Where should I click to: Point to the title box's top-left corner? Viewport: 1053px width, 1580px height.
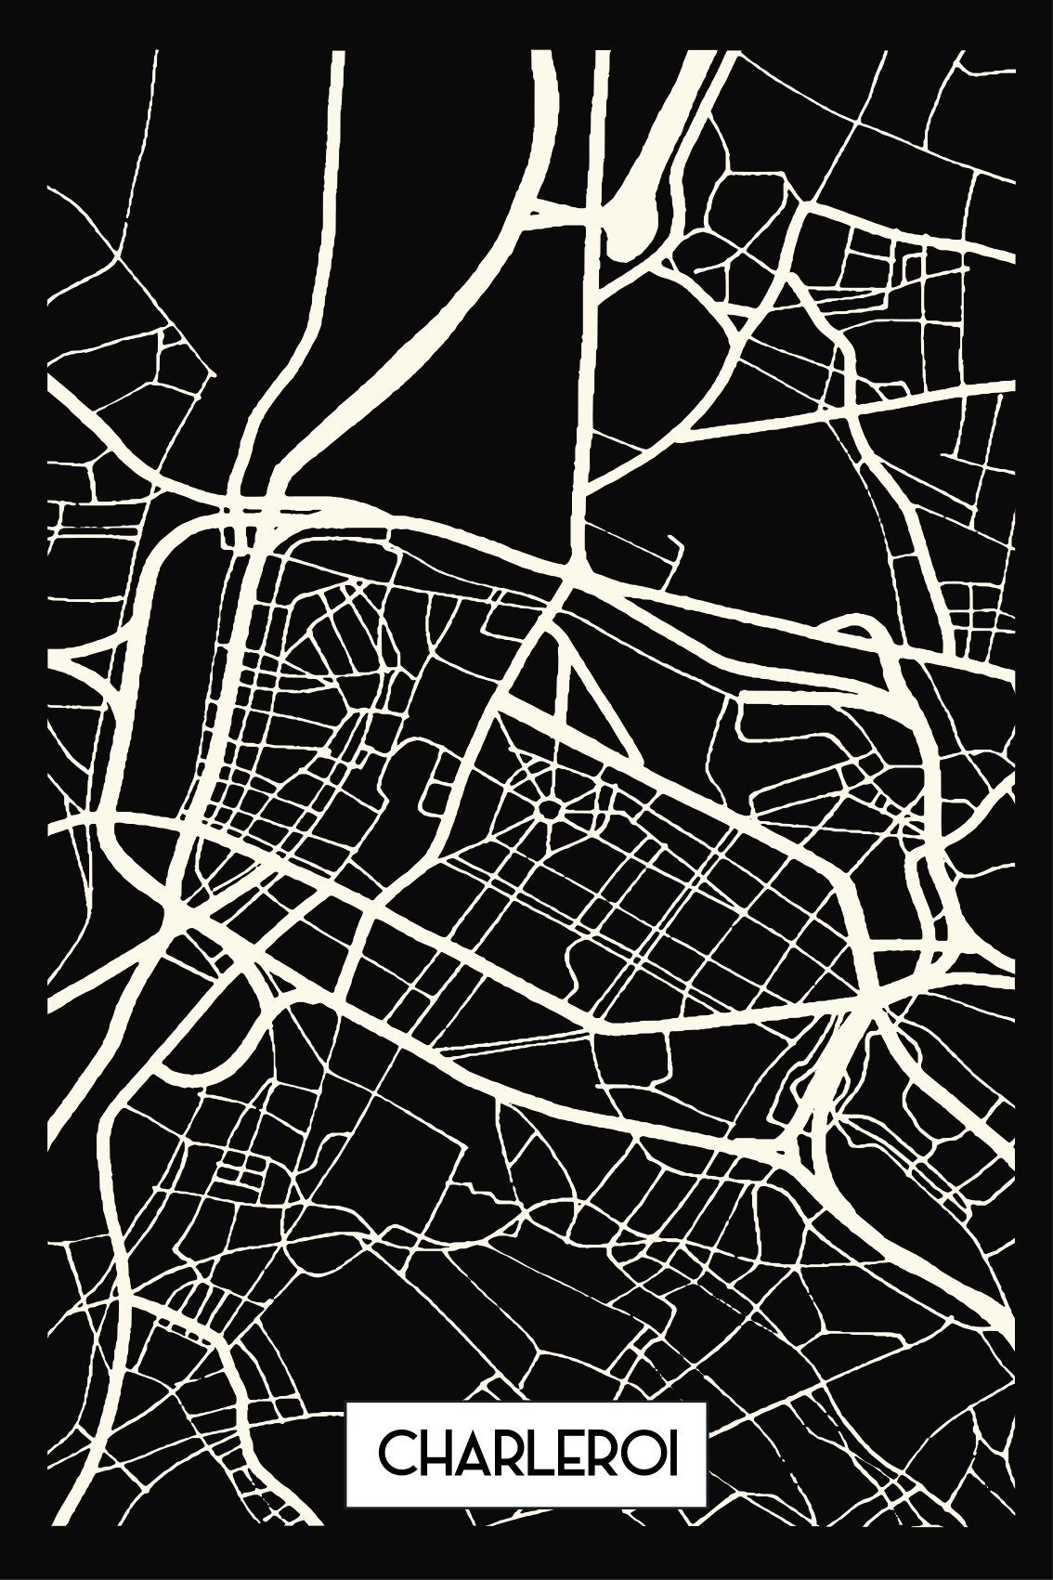347,1430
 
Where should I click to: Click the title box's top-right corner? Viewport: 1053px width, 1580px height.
707,1430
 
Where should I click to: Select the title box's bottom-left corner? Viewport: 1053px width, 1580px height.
347,1533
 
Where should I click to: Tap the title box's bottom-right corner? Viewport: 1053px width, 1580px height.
707,1533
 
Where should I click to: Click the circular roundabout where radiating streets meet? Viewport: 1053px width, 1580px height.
549,811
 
